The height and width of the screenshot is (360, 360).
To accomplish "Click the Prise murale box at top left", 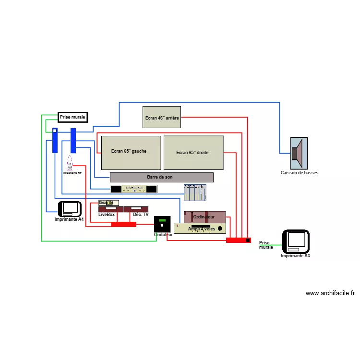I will point(72,117).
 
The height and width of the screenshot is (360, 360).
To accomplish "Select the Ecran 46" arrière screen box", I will point(162,117).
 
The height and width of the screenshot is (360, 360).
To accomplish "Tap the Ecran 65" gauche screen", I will point(131,153).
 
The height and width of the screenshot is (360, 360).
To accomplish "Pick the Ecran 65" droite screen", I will point(193,153).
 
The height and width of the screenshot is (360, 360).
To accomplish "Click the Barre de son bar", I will point(161,177).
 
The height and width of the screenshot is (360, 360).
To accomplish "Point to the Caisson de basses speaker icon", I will point(299,153).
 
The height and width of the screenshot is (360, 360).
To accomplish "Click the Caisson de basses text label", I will point(299,173).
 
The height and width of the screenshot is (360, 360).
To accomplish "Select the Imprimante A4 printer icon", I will point(71,208).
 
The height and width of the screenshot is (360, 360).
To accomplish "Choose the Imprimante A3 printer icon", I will point(296,241).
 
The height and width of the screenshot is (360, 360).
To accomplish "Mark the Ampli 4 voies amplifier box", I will point(200,228).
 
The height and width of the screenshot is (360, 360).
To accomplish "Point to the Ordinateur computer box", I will point(204,217).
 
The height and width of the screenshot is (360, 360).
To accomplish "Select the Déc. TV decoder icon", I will point(136,209).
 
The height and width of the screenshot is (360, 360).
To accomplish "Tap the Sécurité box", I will point(108,203).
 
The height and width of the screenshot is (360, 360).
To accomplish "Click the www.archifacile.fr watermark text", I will point(330,293).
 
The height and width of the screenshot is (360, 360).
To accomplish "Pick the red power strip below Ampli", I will point(238,240).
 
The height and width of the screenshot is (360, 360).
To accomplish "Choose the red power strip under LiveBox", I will point(124,224).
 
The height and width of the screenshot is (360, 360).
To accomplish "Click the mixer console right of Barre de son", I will point(195,192).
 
